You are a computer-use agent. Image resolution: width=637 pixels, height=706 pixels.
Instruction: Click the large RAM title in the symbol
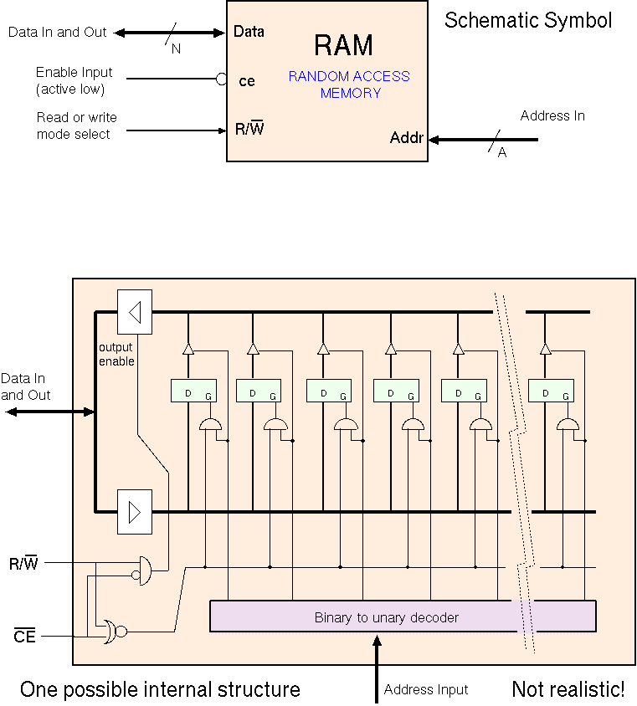coord(343,45)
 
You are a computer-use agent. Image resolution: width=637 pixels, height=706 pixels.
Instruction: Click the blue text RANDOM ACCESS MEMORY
coord(349,84)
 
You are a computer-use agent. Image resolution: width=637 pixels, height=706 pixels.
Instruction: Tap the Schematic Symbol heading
coord(527,20)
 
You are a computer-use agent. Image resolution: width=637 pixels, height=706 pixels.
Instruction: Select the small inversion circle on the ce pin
coord(222,79)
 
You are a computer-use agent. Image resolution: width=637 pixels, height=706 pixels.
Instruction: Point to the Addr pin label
coord(407,138)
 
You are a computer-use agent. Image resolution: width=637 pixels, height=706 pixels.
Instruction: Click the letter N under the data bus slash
coord(176,49)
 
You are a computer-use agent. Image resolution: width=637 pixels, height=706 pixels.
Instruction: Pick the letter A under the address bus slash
coord(502,153)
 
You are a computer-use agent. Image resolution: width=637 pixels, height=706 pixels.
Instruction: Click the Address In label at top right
coord(552,116)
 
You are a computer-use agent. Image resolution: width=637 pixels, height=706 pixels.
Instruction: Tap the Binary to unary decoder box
coord(402,616)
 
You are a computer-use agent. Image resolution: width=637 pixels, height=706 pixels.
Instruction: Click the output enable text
coord(116,354)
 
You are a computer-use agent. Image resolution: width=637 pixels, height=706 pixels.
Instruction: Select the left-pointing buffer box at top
coord(135,311)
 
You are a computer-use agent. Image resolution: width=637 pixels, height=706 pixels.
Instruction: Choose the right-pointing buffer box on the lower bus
coord(135,511)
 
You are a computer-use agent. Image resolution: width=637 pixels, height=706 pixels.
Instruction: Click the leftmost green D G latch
coord(193,391)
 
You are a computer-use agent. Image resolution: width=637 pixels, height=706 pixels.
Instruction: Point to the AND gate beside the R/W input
coord(145,570)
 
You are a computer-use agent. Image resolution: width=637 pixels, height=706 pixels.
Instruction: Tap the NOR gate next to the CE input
coord(110,632)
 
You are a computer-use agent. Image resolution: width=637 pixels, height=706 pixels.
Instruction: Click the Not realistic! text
coord(568,690)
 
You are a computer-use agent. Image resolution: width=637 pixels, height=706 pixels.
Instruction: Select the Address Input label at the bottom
coord(426,690)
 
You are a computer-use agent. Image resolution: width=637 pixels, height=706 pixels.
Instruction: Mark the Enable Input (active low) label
coord(74,81)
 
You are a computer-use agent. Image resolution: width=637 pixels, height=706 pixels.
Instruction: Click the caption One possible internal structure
coord(160,690)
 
